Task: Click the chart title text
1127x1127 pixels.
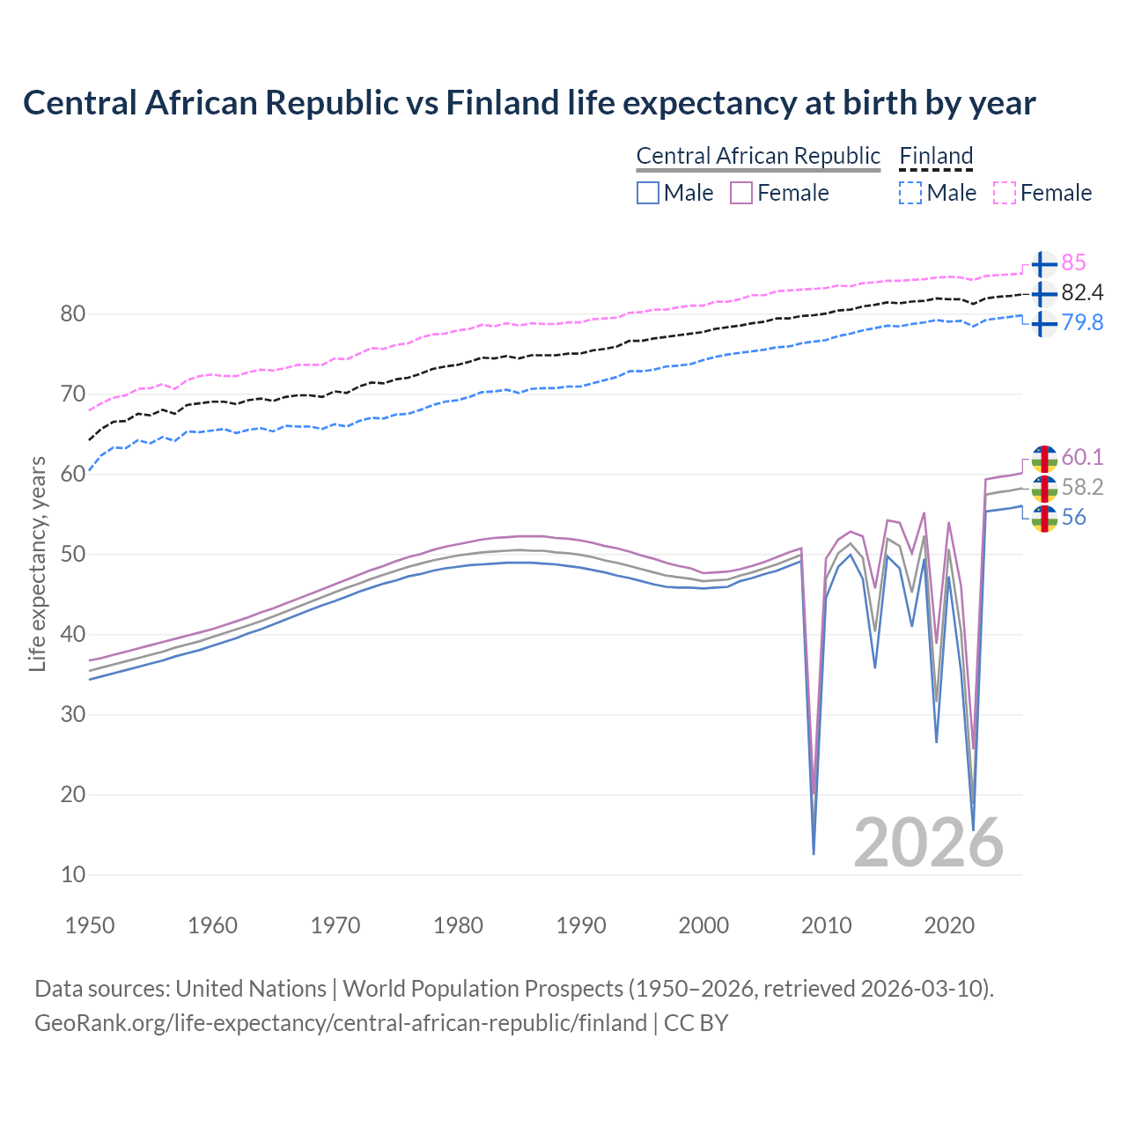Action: pyautogui.click(x=529, y=103)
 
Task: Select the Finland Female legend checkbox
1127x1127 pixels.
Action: pyautogui.click(x=1005, y=193)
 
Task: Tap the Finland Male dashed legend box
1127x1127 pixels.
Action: pyautogui.click(x=910, y=193)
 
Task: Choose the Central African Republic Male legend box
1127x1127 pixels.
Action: pyautogui.click(x=648, y=193)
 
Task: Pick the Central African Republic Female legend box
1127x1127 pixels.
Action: pyautogui.click(x=741, y=193)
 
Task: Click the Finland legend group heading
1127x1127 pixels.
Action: pyautogui.click(x=936, y=156)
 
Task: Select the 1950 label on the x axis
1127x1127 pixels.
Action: pyautogui.click(x=91, y=925)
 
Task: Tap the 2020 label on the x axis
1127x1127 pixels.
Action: pyautogui.click(x=949, y=925)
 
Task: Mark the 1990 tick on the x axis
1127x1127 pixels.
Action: pyautogui.click(x=581, y=925)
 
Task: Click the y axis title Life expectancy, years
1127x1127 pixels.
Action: pyautogui.click(x=38, y=563)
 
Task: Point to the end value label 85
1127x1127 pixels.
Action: pyautogui.click(x=1073, y=262)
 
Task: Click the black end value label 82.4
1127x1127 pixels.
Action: pyautogui.click(x=1082, y=292)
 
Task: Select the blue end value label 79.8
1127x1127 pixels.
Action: pyautogui.click(x=1082, y=322)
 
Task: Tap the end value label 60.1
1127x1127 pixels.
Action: pyautogui.click(x=1082, y=457)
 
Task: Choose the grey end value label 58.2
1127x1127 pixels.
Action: pyautogui.click(x=1082, y=487)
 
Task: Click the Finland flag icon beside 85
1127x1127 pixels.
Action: pyautogui.click(x=1043, y=264)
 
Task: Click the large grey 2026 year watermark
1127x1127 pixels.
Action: pyautogui.click(x=929, y=843)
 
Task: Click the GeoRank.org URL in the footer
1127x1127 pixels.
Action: pyautogui.click(x=341, y=1023)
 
